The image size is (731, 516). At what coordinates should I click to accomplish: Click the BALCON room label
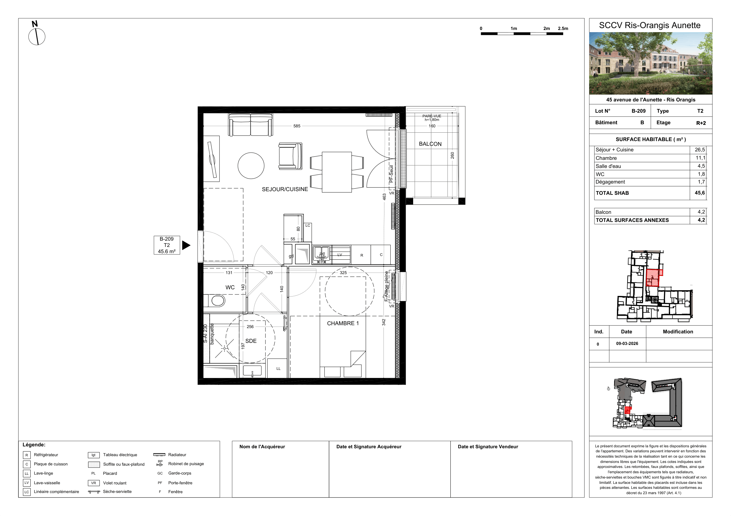pyautogui.click(x=430, y=144)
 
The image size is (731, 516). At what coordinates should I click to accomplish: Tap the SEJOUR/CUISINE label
pyautogui.click(x=285, y=189)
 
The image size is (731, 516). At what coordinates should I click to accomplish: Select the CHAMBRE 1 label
pyautogui.click(x=343, y=323)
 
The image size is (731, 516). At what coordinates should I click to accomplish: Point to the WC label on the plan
pyautogui.click(x=230, y=287)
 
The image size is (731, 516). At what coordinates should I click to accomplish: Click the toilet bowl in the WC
pyautogui.click(x=218, y=300)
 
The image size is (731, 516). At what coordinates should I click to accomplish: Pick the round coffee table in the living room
pyautogui.click(x=251, y=166)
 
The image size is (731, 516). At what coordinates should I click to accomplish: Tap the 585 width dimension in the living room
pyautogui.click(x=297, y=126)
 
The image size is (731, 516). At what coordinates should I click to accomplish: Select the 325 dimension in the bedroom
pyautogui.click(x=343, y=273)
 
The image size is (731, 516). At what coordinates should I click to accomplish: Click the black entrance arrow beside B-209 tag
pyautogui.click(x=186, y=245)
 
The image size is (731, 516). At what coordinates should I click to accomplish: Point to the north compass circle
pyautogui.click(x=37, y=37)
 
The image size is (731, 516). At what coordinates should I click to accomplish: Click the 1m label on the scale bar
pyautogui.click(x=514, y=28)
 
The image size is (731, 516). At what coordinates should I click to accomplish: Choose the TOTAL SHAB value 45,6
pyautogui.click(x=700, y=193)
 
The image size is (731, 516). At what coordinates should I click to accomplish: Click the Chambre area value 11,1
pyautogui.click(x=700, y=158)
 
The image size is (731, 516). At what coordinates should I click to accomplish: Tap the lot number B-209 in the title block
pyautogui.click(x=639, y=111)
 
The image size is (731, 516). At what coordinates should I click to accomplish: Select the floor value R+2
pyautogui.click(x=701, y=123)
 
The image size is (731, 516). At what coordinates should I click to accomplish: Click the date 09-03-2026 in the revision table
pyautogui.click(x=627, y=344)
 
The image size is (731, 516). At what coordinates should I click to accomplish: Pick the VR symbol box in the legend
pyautogui.click(x=94, y=483)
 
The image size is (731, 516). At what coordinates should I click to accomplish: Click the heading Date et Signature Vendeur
pyautogui.click(x=488, y=447)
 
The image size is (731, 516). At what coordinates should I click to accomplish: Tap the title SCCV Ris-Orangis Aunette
pyautogui.click(x=650, y=25)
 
